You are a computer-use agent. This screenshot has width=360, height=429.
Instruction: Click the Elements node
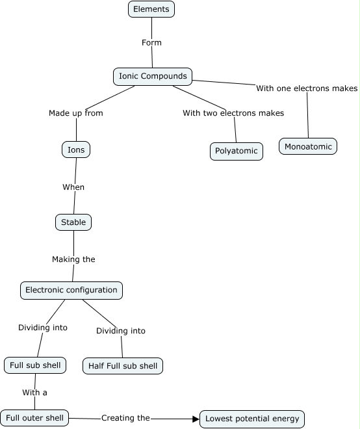point(151,9)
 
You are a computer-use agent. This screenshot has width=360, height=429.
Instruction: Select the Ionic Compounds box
point(153,76)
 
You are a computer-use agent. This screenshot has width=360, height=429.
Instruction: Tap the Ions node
point(76,149)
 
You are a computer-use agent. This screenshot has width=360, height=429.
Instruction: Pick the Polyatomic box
point(237,151)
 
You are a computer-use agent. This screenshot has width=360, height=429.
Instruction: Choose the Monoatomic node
point(308,146)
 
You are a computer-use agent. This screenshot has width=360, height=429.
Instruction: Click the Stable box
point(73,222)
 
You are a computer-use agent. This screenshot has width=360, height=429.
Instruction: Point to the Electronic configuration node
point(71,291)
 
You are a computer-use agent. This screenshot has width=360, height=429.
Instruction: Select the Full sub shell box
point(35,365)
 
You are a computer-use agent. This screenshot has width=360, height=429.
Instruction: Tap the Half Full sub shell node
point(123,366)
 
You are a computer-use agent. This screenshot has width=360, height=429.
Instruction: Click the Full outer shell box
point(34,418)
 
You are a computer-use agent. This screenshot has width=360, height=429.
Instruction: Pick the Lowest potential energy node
point(252,419)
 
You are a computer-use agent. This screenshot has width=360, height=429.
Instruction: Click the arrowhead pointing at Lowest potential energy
point(196,419)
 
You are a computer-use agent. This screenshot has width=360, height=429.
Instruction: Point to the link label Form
point(151,43)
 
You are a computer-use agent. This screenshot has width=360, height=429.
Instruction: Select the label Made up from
point(76,113)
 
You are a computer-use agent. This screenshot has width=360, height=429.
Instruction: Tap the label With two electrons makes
point(233,113)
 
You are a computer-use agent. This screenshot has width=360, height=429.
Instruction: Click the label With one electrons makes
point(307,88)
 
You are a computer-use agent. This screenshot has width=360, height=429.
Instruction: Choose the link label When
point(73,187)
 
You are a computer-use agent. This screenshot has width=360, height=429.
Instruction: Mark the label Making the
point(73,259)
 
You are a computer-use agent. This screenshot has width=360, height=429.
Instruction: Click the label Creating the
point(125,418)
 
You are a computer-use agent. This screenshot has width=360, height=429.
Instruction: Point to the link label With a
point(34,393)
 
